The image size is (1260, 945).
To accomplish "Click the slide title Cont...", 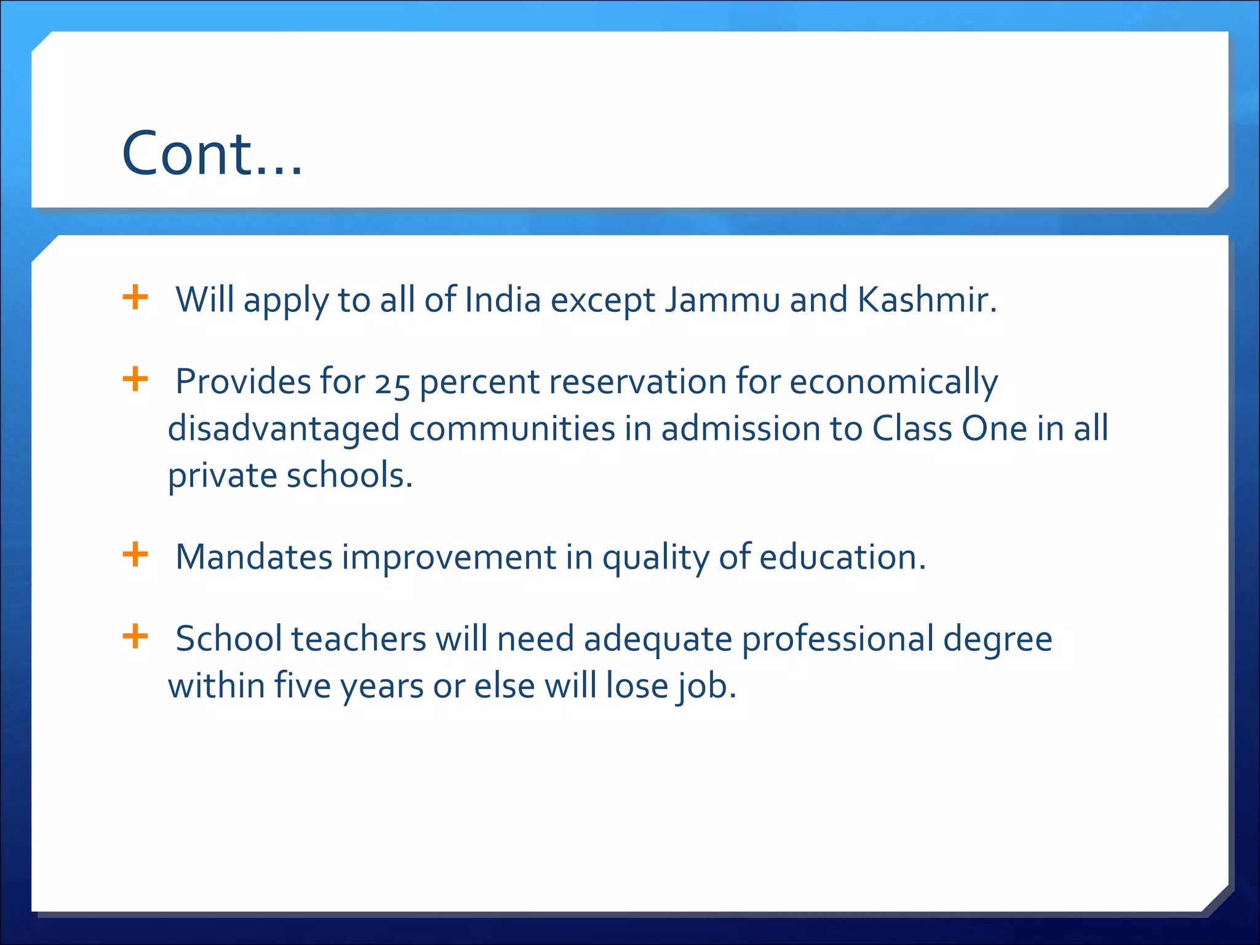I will (x=212, y=154).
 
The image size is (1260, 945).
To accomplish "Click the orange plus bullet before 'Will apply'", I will (x=135, y=298).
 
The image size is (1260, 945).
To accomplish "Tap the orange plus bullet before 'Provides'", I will (x=135, y=379).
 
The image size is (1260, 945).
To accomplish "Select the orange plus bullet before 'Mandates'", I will (x=135, y=554).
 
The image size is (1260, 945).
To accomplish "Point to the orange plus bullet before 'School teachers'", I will (x=135, y=636).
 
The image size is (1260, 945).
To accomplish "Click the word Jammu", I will (x=722, y=300).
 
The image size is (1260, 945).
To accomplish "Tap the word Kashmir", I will (x=926, y=300).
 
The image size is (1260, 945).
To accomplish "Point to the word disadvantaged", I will (x=284, y=429).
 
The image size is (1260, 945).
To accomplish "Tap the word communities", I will (x=512, y=429).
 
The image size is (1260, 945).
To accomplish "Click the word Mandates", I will (x=254, y=557).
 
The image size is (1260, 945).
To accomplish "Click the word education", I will (x=842, y=557).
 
